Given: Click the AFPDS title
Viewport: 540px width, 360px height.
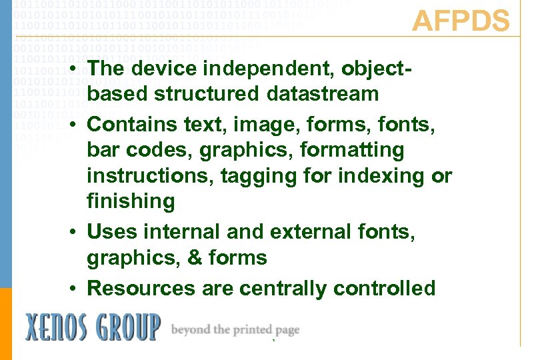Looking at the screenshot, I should [461, 21].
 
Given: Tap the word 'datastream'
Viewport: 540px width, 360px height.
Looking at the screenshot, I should [323, 95].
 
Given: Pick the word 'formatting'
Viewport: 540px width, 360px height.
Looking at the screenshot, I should [352, 151].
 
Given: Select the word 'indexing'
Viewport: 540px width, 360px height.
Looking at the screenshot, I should [388, 177].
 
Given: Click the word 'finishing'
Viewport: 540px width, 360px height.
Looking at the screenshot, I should [131, 202].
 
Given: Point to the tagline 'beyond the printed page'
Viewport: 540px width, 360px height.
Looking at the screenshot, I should [235, 330].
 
